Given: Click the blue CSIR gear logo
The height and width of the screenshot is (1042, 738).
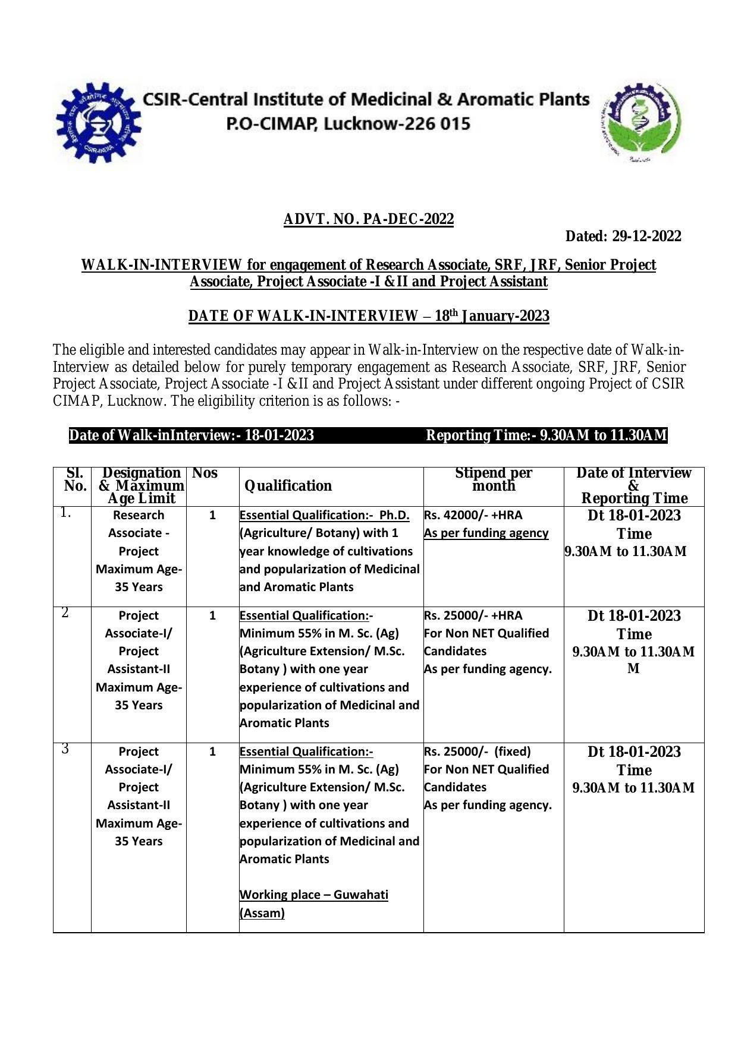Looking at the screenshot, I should coord(99,123).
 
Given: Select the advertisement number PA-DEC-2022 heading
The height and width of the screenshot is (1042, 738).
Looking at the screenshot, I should coord(368,219).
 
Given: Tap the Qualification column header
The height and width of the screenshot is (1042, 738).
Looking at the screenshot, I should coord(288,486).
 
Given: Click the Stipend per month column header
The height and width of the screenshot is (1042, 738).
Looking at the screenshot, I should coord(493,479).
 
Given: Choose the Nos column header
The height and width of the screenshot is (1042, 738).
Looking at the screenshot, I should coord(205,473).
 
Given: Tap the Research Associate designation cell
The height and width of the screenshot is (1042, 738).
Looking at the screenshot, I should coord(139,533).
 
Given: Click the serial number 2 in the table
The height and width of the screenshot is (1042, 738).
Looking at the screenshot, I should coord(65,613).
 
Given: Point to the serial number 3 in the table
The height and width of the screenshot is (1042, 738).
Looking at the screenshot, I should coord(65,749).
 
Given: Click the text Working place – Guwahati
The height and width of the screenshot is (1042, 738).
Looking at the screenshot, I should coord(313,895).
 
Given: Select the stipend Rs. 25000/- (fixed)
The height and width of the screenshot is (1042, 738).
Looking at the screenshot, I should coord(477,751).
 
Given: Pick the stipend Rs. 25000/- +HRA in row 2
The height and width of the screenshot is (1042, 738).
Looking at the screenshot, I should coord(473,615).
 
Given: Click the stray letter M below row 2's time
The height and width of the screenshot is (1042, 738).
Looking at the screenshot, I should coord(633,669).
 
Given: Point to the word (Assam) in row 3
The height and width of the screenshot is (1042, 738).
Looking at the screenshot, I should coord(262,912).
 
